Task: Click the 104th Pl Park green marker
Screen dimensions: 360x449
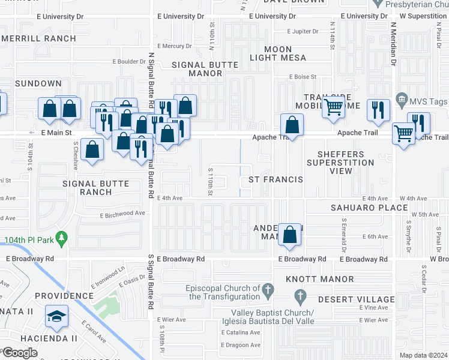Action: point(61,238)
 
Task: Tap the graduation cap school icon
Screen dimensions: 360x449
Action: point(57,317)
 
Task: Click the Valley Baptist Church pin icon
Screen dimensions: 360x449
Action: point(301,296)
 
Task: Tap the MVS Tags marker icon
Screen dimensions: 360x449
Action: point(402,100)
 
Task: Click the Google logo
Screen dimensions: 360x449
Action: point(20,352)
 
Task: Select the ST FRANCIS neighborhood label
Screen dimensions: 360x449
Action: point(271,179)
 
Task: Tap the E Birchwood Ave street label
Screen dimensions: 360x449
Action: point(122,214)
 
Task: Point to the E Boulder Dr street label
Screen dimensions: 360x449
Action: point(130,61)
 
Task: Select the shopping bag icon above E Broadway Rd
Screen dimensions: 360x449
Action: point(289,236)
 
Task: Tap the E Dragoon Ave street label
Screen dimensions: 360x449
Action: point(240,345)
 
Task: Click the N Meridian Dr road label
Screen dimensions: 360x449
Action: point(394,45)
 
